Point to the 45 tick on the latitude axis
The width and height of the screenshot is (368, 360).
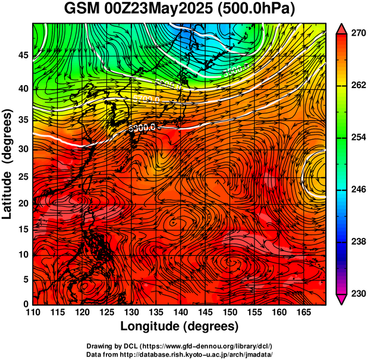(x=23, y=56)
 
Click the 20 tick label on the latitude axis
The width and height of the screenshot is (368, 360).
(x=23, y=203)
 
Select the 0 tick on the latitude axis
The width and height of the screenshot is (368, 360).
(x=26, y=304)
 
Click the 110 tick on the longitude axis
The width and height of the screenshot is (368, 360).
(x=33, y=312)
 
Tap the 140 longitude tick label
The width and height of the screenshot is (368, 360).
(x=180, y=312)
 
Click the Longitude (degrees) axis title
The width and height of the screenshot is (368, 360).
(x=180, y=326)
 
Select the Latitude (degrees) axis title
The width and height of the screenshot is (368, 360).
(x=8, y=164)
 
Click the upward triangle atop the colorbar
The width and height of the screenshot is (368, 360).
(x=341, y=28)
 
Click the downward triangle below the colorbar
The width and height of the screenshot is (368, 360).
(x=341, y=299)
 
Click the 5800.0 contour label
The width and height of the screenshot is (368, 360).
(x=142, y=127)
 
